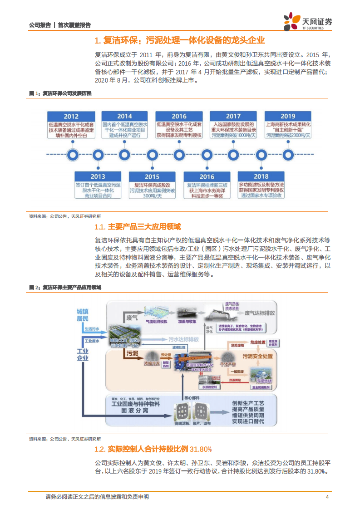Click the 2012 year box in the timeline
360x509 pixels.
[71, 116]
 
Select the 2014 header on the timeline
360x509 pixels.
[124, 116]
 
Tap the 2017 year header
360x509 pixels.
[233, 116]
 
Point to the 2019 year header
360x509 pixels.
[287, 116]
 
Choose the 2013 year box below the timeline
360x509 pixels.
[98, 176]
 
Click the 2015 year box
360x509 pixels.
[152, 176]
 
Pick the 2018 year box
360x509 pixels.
[261, 176]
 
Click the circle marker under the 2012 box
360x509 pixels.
[71, 154]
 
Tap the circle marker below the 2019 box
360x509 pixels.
[287, 154]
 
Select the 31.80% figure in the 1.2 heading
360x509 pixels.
[201, 449]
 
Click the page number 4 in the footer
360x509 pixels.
[327, 497]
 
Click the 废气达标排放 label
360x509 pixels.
[260, 313]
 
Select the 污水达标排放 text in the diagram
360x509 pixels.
[183, 339]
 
